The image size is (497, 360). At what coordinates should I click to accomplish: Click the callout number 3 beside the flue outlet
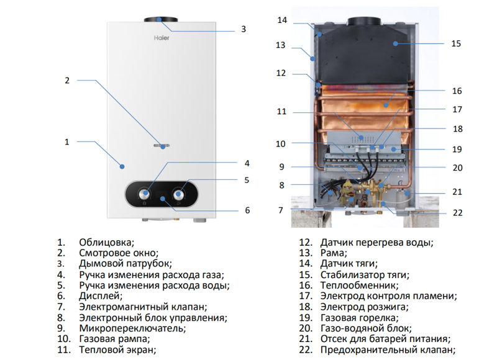point(244,29)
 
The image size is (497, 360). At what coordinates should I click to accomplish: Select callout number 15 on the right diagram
point(456,44)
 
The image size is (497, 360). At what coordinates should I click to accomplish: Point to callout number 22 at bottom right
point(458,212)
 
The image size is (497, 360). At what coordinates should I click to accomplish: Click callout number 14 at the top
point(282,20)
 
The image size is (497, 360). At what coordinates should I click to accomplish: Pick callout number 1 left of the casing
point(66,142)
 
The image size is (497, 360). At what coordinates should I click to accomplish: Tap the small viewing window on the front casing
point(160,146)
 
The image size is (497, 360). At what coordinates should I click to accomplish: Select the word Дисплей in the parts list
point(101,296)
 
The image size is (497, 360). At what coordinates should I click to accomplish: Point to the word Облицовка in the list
point(106,242)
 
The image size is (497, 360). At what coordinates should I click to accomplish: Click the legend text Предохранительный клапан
point(385,350)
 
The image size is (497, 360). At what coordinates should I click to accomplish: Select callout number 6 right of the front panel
point(247,210)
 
